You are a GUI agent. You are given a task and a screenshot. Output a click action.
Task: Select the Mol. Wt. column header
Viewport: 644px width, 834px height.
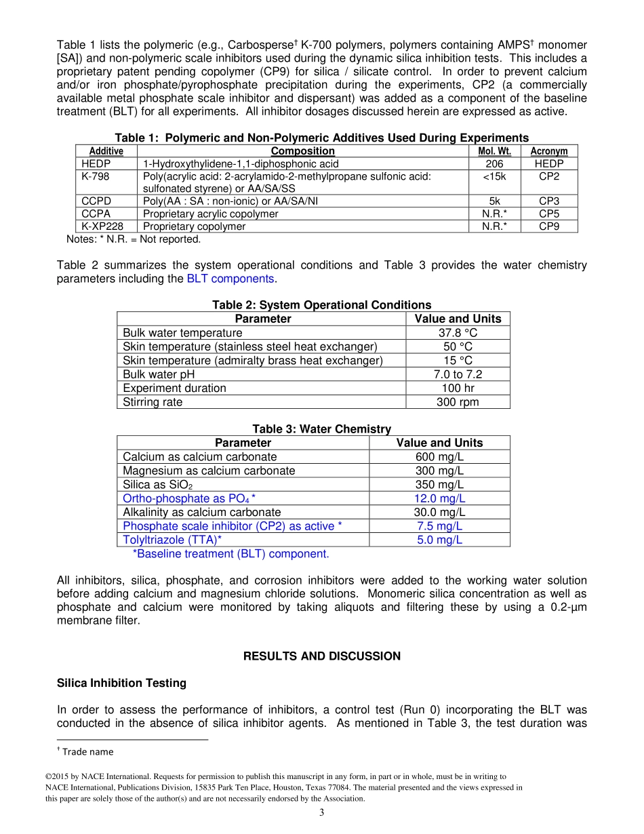[x=494, y=151]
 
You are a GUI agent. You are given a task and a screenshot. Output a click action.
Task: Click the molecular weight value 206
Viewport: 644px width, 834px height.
[x=494, y=164]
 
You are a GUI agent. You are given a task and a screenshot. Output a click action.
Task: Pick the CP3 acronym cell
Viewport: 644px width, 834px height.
[x=548, y=201]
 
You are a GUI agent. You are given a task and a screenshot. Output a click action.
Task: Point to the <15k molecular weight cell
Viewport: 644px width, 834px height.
[x=494, y=176]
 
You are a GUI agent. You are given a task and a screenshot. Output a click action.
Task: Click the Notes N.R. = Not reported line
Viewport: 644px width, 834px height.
[x=134, y=239]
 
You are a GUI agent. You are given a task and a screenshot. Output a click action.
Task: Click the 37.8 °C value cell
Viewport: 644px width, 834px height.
[x=458, y=333]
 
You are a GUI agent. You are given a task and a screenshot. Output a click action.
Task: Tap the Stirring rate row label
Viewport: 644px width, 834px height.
[x=153, y=402]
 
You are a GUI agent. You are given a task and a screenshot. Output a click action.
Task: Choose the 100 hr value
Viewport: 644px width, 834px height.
[x=458, y=389]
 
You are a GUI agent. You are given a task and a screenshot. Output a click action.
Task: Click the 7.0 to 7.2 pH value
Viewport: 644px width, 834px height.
[x=458, y=374]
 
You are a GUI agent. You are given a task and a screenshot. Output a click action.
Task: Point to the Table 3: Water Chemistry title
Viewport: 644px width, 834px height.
[x=321, y=429]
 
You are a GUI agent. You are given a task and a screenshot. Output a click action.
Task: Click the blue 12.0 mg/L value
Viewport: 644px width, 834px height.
[x=439, y=498]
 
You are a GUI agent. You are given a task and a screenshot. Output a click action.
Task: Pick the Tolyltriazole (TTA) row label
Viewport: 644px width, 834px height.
[x=172, y=540]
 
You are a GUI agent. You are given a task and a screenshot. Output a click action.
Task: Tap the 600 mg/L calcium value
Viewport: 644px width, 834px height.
[x=439, y=457]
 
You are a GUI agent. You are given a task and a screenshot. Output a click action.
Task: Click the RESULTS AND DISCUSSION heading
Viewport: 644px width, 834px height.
[x=321, y=656]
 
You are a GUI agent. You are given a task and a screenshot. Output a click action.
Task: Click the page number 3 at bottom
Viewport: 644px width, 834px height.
[x=322, y=813]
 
